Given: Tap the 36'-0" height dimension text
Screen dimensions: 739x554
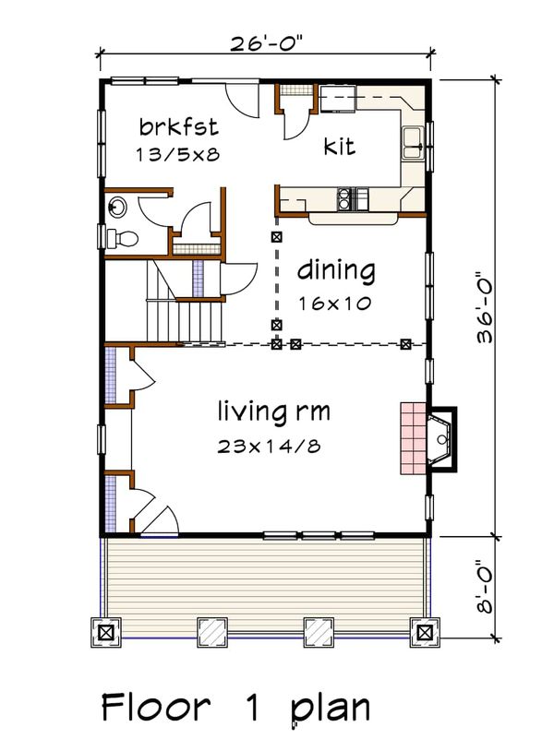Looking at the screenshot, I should (x=487, y=307).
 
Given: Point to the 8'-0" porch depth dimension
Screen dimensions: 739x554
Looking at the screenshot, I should (x=487, y=587).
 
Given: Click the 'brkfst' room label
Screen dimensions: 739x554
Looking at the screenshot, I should (x=177, y=125).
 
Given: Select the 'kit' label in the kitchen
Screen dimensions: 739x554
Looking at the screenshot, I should (x=339, y=146).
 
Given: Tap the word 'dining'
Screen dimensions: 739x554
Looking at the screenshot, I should (x=336, y=272).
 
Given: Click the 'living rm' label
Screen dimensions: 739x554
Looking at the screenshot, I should (x=274, y=410).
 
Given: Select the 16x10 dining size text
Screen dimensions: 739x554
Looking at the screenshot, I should (x=334, y=303).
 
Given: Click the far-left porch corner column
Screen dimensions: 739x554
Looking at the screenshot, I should (x=105, y=633).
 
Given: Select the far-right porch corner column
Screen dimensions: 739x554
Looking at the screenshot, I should (x=424, y=633).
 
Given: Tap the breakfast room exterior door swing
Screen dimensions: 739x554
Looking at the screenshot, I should (x=244, y=101).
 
